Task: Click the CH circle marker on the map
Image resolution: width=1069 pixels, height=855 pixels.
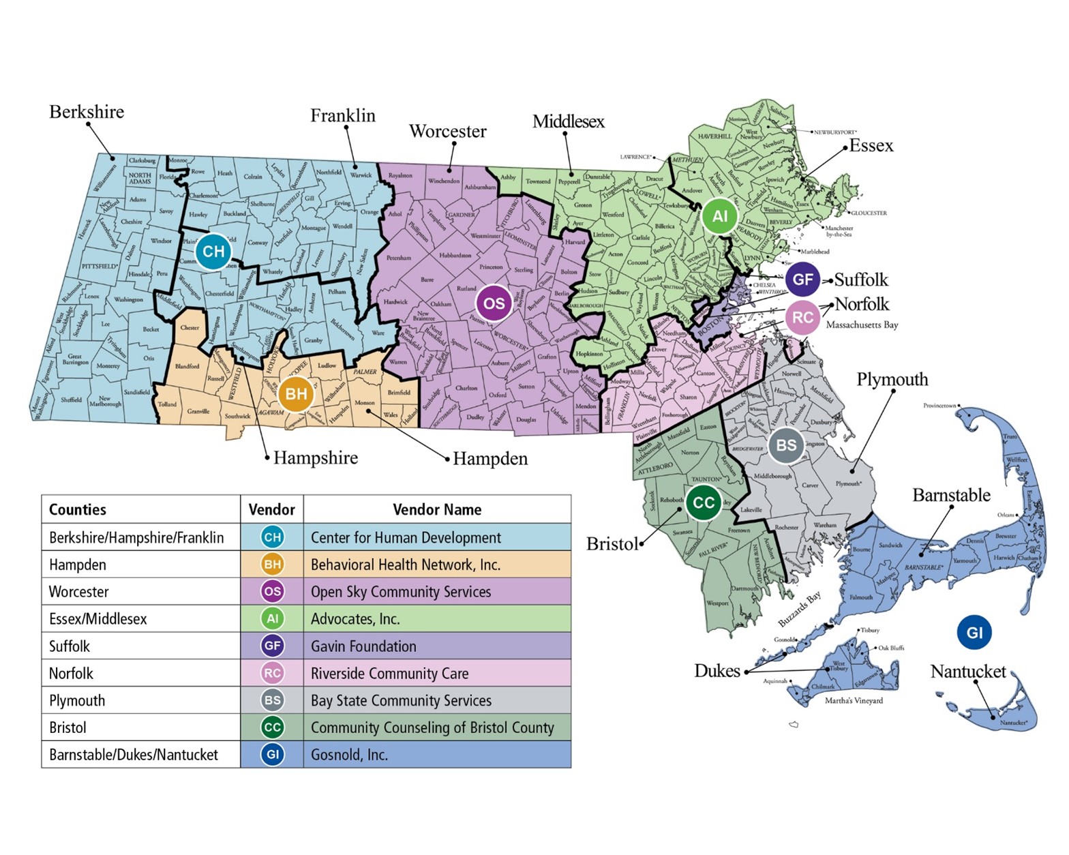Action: coord(213,252)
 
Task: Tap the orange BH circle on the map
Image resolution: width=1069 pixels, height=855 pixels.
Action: coord(296,394)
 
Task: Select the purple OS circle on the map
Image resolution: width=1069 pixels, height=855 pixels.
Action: coord(494,303)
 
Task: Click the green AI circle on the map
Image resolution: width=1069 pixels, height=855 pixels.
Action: coord(720,216)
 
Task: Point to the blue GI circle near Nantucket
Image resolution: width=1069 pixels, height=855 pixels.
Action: coord(974,632)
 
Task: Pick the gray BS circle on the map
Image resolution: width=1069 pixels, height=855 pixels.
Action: coord(786,445)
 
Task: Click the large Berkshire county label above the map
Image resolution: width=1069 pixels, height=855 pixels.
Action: coord(87,112)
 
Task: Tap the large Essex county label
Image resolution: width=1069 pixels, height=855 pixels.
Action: coord(871,145)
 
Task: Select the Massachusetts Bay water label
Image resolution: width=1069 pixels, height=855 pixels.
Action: coord(862,325)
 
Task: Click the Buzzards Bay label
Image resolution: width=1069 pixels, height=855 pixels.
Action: coord(800,609)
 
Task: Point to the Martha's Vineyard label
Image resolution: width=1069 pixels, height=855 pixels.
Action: coord(854,700)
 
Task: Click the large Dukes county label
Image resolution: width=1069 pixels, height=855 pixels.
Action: coord(717,671)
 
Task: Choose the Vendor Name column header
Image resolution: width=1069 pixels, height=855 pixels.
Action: coord(437,509)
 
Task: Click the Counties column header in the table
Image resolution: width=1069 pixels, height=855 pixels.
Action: coord(78,509)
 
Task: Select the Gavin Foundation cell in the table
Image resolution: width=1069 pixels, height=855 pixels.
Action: coord(437,646)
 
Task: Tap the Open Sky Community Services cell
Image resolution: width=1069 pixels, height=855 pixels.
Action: coord(437,591)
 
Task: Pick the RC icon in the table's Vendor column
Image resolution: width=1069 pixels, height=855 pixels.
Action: coord(272,673)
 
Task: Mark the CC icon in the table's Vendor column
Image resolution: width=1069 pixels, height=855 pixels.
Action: coord(272,727)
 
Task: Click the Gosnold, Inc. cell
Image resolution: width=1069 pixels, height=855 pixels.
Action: coord(437,755)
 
